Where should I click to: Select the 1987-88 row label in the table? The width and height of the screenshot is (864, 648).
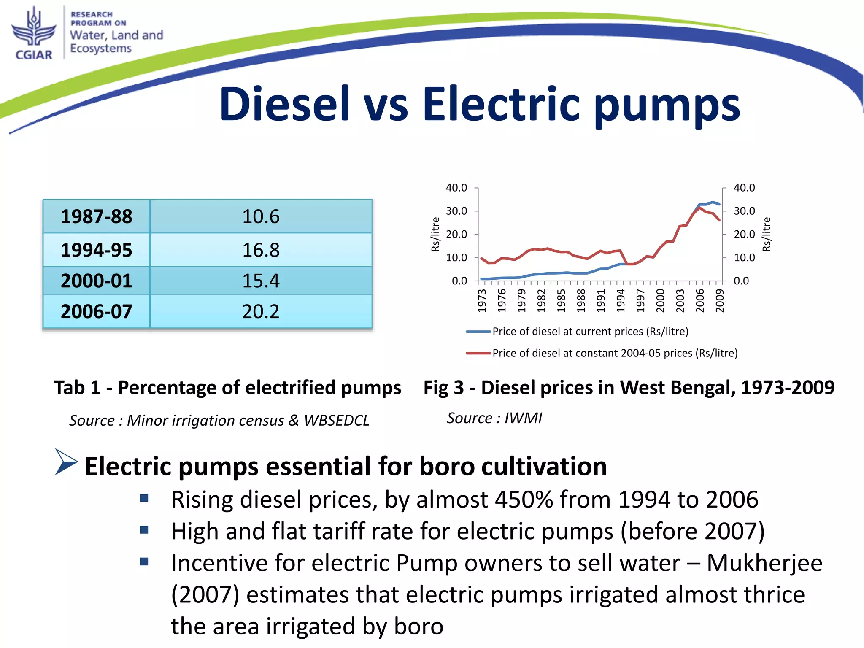point(96,216)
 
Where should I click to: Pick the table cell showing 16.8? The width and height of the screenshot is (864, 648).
point(261,250)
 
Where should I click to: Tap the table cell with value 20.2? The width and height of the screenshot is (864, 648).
point(261,312)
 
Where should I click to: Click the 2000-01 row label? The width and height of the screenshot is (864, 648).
point(96,281)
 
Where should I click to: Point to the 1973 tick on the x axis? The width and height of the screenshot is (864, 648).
point(482,300)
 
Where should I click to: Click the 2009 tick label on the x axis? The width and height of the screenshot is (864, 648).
point(720,300)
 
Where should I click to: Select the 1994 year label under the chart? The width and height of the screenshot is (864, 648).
point(621,300)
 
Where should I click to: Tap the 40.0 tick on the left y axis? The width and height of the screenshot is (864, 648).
point(456,188)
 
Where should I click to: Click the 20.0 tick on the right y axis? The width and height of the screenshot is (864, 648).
point(744,234)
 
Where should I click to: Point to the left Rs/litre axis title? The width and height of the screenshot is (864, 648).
point(435,235)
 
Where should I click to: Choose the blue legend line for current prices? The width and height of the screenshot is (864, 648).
point(478,332)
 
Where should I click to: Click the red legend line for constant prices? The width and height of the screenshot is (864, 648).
point(478,353)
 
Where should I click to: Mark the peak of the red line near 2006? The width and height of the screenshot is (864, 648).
point(700,208)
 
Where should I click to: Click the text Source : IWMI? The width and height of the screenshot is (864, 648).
point(494,418)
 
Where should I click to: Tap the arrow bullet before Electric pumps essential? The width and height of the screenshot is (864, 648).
point(66,462)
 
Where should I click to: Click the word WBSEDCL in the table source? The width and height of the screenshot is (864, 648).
point(337,421)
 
